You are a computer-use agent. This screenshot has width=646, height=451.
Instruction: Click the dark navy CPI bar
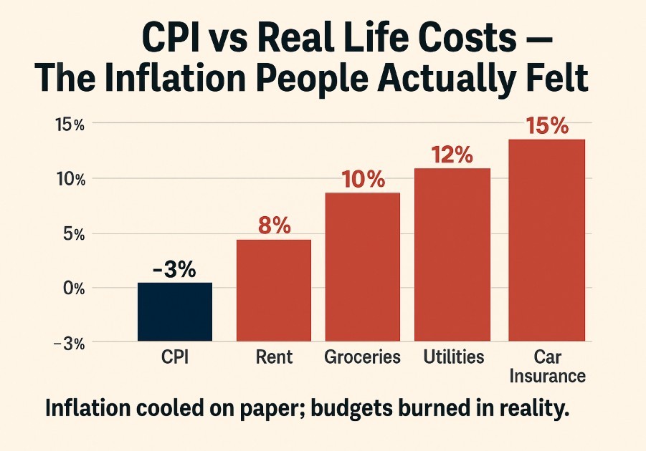click(174, 311)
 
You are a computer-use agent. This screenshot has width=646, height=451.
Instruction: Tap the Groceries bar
click(362, 266)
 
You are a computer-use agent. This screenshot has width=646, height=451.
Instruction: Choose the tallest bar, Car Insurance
click(546, 240)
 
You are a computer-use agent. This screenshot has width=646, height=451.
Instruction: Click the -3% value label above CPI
click(174, 271)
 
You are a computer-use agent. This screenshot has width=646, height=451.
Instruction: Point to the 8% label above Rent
click(273, 225)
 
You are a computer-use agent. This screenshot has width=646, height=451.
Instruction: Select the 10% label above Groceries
click(362, 179)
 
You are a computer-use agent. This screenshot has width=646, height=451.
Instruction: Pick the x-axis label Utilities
click(453, 357)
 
